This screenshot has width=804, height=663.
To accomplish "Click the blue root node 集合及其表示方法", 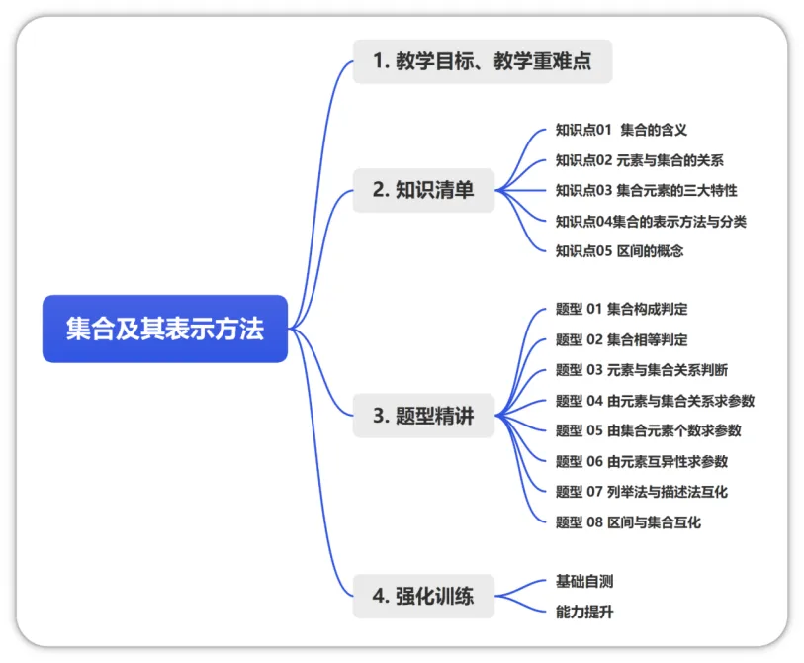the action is click(165, 329).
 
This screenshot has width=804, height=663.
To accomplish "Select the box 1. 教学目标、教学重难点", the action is click(483, 61).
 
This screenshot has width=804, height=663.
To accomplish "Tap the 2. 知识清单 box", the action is click(423, 190).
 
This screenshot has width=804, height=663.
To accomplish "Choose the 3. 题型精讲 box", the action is click(423, 416).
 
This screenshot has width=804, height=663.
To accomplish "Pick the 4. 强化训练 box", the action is click(423, 596).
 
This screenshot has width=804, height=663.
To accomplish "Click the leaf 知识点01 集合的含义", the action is click(621, 130).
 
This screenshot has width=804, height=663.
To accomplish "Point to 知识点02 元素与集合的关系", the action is click(640, 160).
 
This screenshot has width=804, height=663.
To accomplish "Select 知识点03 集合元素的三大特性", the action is click(646, 190).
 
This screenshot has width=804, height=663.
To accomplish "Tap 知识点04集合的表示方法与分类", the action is click(651, 222).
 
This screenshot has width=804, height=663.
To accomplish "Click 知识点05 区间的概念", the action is click(619, 251).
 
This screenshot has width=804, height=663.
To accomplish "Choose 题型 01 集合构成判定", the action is click(621, 309).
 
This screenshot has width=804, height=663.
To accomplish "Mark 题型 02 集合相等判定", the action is click(621, 339).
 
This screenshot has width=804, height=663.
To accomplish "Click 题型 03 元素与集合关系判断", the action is click(642, 370).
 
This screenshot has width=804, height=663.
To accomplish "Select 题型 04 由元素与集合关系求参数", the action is click(655, 401).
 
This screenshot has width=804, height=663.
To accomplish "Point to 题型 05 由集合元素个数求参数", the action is click(648, 430).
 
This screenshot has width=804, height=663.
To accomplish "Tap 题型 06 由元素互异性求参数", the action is click(642, 461).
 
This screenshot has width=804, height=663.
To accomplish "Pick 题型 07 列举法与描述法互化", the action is click(642, 492).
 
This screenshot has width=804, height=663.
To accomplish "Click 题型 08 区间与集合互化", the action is click(628, 522).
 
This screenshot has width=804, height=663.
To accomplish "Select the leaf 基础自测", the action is click(584, 582).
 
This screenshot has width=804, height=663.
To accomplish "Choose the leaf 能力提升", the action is click(584, 612).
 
